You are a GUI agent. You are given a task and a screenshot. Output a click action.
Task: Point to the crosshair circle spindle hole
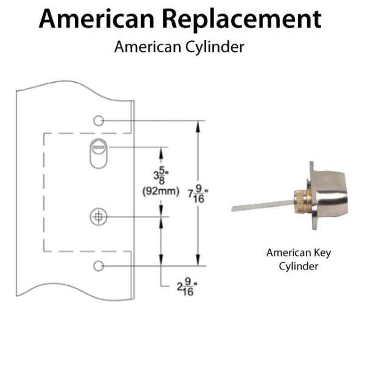(x=97, y=215)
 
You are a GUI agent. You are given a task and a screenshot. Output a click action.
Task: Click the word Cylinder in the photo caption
(x=299, y=266)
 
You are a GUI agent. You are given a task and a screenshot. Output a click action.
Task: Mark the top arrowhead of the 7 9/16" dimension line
(x=198, y=125)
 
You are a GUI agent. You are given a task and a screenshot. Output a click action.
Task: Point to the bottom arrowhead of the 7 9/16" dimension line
(x=198, y=262)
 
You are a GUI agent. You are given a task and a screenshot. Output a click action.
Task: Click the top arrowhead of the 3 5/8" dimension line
(x=161, y=150)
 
